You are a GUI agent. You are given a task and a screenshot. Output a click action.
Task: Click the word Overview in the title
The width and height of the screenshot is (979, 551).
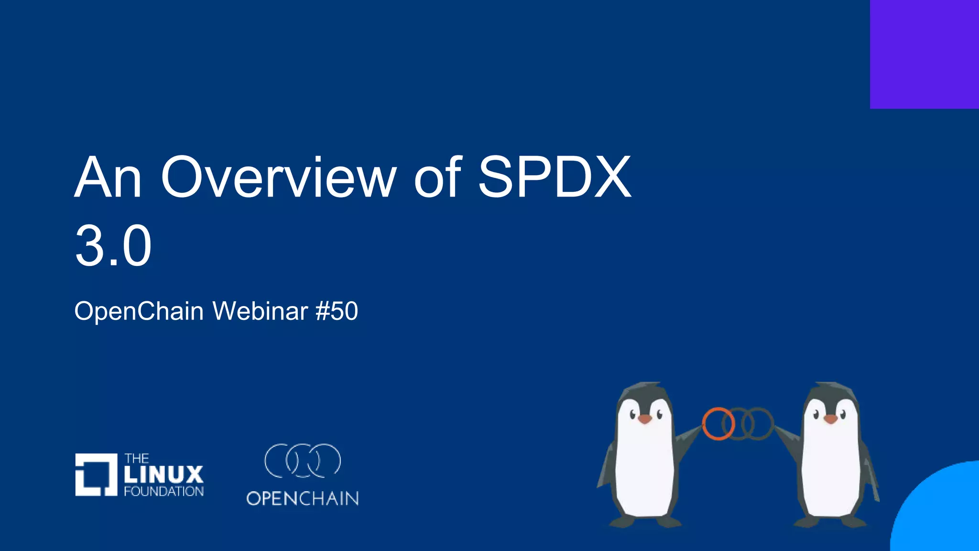pos(278,177)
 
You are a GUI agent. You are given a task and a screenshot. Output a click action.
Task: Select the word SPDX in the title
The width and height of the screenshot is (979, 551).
pos(555,177)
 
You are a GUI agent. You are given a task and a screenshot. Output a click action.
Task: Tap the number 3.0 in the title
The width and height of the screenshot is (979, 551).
pos(113,246)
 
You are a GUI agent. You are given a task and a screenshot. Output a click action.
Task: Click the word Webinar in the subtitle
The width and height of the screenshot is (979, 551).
pos(260,311)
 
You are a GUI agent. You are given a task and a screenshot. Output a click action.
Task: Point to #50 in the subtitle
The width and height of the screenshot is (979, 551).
pos(337,311)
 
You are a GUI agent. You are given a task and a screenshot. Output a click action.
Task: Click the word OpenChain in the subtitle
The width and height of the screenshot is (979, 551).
pos(139,311)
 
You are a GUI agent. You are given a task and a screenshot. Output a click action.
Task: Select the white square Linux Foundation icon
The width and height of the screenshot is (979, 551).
pos(96,474)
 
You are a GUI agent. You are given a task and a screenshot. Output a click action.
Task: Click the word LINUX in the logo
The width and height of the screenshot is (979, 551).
pos(163,474)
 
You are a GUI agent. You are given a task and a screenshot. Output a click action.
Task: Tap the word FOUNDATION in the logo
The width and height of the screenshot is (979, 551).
pos(163,492)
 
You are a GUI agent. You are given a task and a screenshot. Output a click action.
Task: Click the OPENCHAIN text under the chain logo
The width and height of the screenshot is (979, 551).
pos(303,499)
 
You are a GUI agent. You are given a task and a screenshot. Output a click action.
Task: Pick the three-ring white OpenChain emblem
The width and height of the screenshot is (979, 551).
pos(303,461)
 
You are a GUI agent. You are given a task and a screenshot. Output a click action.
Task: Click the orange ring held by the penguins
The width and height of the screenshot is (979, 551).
pos(718,424)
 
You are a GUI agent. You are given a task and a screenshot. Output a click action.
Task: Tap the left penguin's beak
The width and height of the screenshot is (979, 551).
pos(645,419)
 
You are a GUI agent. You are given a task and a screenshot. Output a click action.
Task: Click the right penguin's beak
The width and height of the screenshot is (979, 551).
pos(830,419)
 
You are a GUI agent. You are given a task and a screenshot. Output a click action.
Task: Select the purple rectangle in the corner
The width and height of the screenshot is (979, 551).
pos(924,54)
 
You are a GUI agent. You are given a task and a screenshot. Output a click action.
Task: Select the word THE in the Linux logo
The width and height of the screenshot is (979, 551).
pos(137,458)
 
